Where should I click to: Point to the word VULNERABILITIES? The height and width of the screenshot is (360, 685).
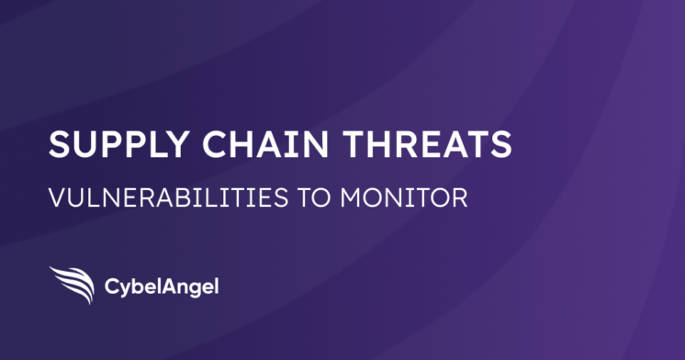pyautogui.click(x=164, y=198)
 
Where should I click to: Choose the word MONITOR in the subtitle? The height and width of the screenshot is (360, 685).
pyautogui.click(x=405, y=198)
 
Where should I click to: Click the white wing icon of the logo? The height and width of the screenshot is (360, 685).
pyautogui.click(x=72, y=284)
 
